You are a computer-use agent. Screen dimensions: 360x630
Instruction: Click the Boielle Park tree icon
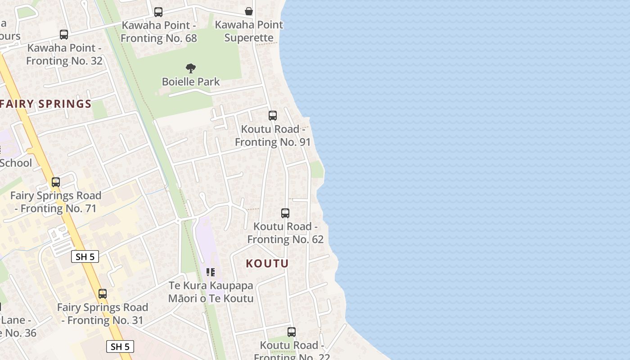click(x=191, y=68)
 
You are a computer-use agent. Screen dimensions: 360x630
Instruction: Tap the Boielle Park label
click(x=191, y=82)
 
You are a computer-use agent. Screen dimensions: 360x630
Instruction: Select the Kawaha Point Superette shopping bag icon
click(x=248, y=11)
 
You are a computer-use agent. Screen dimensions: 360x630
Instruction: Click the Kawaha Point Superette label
click(x=249, y=31)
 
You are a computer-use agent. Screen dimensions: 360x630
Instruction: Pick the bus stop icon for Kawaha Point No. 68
click(x=158, y=12)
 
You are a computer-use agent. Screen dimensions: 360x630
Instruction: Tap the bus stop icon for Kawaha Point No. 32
click(x=64, y=35)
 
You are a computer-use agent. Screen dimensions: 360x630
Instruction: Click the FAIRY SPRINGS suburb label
click(x=46, y=104)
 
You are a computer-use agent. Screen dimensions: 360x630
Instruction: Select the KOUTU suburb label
click(x=267, y=263)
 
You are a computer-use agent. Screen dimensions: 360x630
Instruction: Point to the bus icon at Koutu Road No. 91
click(x=272, y=116)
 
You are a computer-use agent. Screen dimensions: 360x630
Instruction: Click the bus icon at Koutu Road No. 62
click(x=285, y=213)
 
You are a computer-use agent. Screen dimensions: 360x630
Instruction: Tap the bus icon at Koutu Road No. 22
click(x=292, y=332)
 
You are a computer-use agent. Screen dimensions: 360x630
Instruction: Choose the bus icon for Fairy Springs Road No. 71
click(x=56, y=182)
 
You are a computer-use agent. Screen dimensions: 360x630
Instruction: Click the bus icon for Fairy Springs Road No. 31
click(x=103, y=294)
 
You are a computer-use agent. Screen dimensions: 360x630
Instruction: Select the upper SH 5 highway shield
click(x=85, y=256)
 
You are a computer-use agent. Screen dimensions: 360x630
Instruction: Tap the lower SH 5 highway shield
click(x=120, y=346)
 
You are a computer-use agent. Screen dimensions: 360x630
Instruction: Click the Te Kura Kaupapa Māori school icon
click(x=210, y=272)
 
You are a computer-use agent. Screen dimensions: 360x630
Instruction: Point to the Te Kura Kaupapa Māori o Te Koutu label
click(x=211, y=292)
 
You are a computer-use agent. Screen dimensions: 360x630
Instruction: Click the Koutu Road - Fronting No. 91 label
click(x=273, y=135)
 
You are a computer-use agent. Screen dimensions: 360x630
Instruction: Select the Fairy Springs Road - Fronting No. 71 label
click(x=56, y=202)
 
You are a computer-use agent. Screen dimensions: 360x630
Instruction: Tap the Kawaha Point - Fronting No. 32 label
click(x=64, y=54)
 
